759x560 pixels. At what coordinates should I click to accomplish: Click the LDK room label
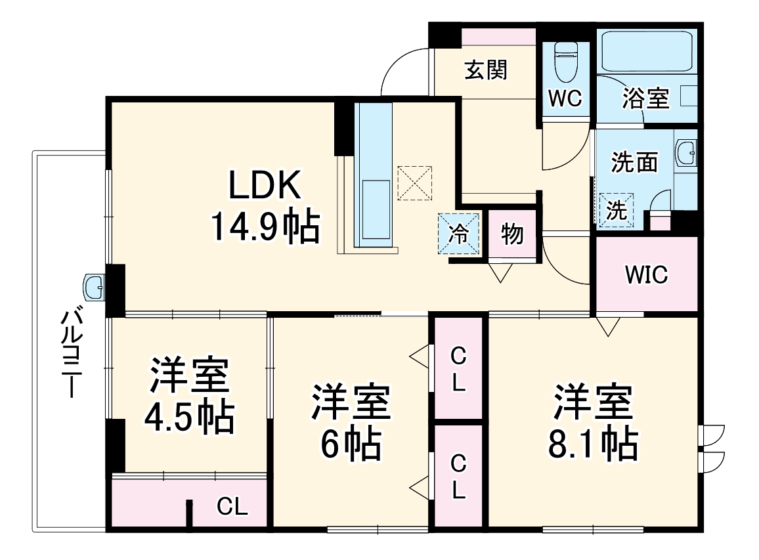(265, 185)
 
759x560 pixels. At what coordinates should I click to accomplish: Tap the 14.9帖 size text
(265, 226)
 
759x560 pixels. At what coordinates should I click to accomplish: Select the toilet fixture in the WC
(565, 62)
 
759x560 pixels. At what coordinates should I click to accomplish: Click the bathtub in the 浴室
(646, 51)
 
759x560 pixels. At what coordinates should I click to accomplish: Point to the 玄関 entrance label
(486, 70)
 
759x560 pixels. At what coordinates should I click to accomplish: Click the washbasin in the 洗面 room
(686, 152)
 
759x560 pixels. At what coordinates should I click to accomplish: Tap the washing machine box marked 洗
(617, 209)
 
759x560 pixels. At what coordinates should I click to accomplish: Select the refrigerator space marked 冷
(458, 233)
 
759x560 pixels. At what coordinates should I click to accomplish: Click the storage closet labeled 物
(512, 235)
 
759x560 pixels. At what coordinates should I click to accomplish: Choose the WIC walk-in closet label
(646, 275)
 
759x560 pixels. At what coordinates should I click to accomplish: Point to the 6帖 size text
(351, 443)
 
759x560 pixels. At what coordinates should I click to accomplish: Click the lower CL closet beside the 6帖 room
(458, 476)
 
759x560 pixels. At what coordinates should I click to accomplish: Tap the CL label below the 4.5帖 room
(232, 506)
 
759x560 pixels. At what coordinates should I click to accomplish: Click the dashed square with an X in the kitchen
(414, 183)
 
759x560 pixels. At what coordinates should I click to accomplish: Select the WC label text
(565, 98)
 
